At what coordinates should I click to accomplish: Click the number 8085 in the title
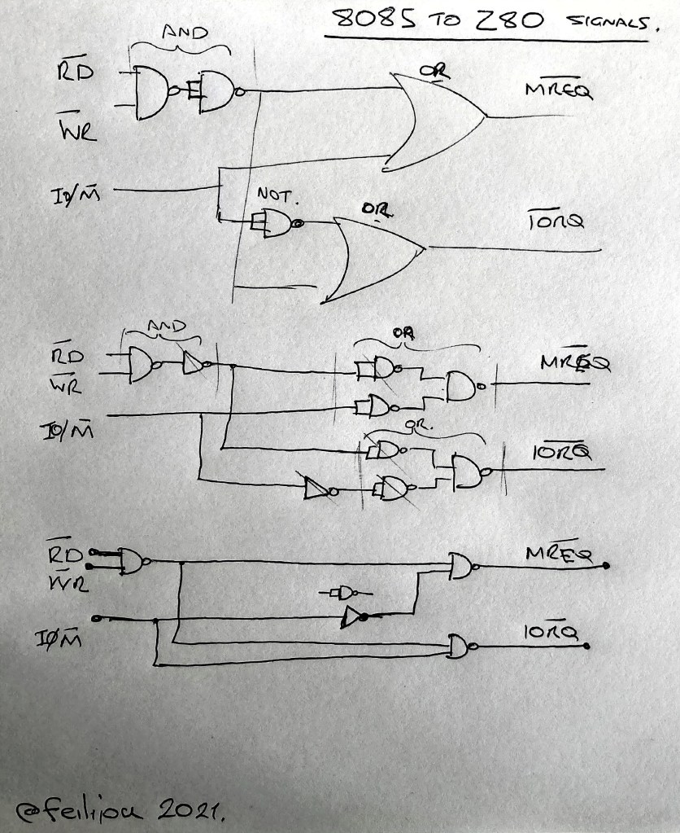(x=371, y=20)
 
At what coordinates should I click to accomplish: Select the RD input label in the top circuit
(x=74, y=72)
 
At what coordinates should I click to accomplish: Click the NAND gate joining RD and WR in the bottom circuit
(x=133, y=560)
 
